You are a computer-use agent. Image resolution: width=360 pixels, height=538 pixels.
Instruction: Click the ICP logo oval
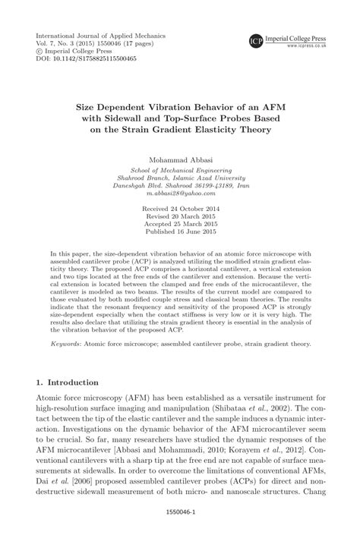[257, 39]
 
